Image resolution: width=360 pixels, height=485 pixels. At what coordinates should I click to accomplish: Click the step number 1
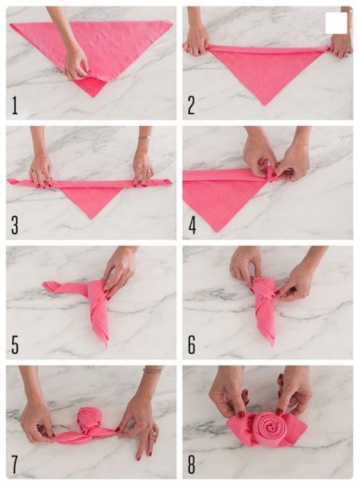(15, 105)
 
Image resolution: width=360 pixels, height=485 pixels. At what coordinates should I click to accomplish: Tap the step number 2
(191, 105)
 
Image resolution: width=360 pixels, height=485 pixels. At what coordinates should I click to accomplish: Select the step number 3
(15, 225)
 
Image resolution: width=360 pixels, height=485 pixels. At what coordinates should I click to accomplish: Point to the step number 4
(193, 225)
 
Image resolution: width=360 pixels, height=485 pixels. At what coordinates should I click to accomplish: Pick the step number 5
(15, 344)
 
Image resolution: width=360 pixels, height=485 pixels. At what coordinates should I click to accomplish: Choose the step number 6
(192, 344)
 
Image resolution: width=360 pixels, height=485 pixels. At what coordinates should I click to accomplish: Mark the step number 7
(15, 464)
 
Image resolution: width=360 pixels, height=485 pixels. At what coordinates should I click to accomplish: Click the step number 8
(192, 464)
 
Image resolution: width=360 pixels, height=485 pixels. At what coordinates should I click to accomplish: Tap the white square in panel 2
(337, 23)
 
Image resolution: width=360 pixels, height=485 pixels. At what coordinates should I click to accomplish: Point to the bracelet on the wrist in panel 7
(152, 370)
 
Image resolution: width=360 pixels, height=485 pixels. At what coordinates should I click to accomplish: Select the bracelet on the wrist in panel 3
(144, 137)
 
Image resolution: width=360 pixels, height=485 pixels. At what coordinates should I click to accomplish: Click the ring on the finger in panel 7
(154, 433)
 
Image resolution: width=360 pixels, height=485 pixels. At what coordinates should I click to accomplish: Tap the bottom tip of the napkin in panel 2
(265, 105)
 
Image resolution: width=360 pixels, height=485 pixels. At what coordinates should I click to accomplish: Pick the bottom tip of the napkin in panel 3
(91, 219)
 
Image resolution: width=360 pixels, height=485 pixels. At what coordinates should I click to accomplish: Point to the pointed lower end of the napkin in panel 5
(106, 346)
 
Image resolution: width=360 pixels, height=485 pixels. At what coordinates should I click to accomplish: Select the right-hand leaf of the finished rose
(296, 430)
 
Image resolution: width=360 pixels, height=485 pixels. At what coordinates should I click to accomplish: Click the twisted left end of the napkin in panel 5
(49, 286)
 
